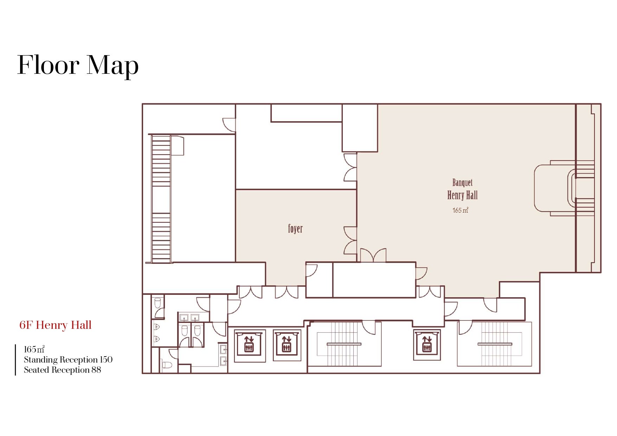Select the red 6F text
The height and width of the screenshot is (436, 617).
pos(26,325)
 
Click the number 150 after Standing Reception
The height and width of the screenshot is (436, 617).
pos(106,359)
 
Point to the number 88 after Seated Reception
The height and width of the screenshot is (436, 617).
pos(96,370)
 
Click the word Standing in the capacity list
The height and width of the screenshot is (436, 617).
pos(41,360)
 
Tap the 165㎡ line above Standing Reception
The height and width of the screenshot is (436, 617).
pos(34,349)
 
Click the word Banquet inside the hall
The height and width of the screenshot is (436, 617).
pos(462,183)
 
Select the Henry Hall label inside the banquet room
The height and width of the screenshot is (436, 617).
pos(462,195)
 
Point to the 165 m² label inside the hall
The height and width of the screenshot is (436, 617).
pos(460,210)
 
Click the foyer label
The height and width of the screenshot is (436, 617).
pos(295,229)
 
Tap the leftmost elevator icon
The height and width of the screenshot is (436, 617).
pos(249,344)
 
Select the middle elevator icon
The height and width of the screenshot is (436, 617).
pos(287,344)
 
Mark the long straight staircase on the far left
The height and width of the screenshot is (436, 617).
pos(161,199)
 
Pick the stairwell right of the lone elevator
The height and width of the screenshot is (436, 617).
pos(494,344)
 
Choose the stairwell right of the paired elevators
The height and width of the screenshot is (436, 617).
pos(344,344)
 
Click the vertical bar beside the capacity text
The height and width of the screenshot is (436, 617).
pos(15,360)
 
